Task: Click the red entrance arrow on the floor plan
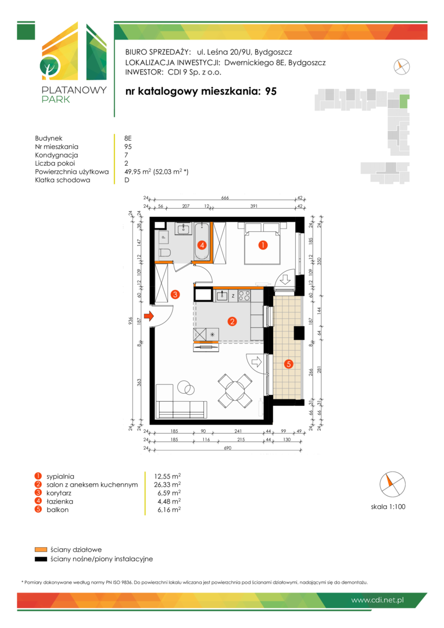coord(149,316)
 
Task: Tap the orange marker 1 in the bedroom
coord(263,245)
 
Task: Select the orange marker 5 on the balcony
coord(288,363)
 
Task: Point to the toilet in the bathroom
coord(164,253)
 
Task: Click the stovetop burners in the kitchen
coord(244,295)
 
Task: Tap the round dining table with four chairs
coord(235,391)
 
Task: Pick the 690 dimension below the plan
coord(227,448)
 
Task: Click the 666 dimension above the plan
coord(225,198)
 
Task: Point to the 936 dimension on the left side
coord(130,321)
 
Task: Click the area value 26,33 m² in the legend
coord(167,484)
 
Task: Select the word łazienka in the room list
coord(60,501)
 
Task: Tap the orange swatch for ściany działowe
coord(41,549)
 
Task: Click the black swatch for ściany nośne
coord(41,559)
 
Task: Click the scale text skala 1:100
coord(388,506)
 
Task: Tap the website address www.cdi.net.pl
coord(377,600)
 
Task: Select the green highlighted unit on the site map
coord(404,101)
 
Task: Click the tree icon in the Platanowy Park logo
coord(50,67)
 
